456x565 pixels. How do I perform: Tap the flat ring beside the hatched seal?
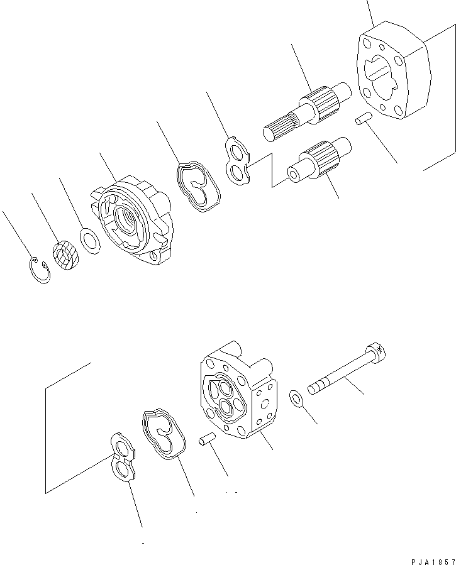91,241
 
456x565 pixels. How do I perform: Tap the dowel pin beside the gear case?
364,118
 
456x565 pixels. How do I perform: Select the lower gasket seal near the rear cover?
163,433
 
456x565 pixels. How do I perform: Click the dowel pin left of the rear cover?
206,439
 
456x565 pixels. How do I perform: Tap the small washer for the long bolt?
295,397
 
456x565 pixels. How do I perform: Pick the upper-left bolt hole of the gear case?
367,43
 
